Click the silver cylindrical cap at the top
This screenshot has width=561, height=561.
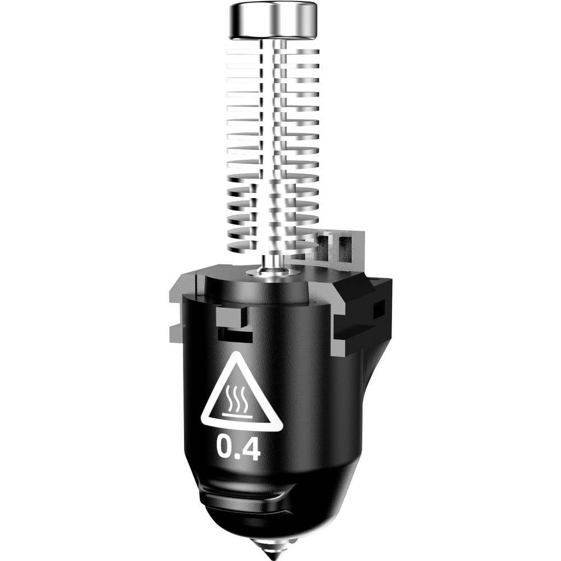coord(273,20)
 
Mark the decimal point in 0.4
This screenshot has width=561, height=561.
coord(240,456)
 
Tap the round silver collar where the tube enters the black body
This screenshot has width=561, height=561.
coord(273,272)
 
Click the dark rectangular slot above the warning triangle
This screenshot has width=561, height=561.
coord(235,334)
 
